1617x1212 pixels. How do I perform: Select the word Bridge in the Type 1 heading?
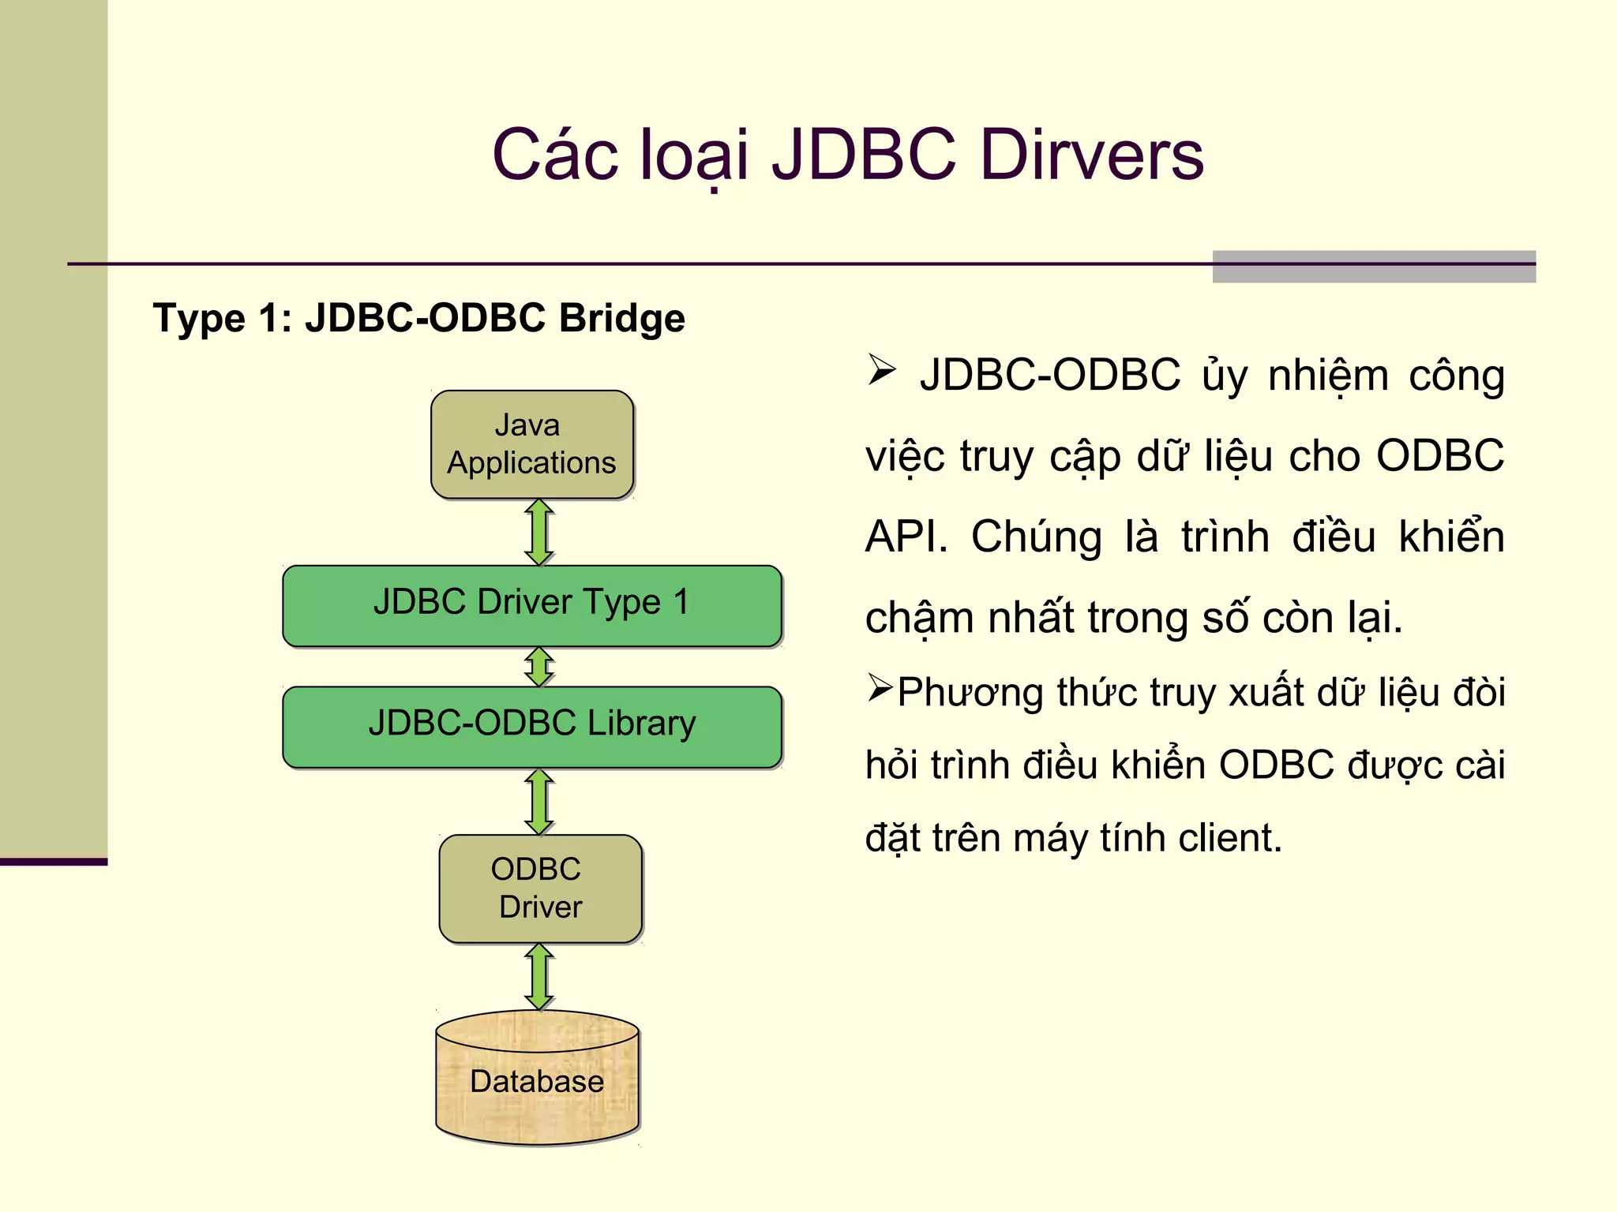(621, 319)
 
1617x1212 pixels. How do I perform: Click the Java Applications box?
(532, 444)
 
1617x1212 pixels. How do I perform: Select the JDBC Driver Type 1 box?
(532, 604)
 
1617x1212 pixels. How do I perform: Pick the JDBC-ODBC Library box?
(532, 726)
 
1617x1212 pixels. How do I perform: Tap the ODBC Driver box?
(540, 888)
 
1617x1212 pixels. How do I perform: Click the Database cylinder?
(537, 1081)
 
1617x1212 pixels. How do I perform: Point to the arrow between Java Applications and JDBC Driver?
(539, 532)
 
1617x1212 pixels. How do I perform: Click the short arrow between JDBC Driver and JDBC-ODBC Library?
(539, 667)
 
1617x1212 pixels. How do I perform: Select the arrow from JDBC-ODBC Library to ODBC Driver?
(539, 802)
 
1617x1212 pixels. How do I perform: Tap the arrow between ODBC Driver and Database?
(539, 977)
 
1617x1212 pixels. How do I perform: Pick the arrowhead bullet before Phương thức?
(880, 687)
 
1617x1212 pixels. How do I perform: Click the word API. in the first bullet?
(906, 538)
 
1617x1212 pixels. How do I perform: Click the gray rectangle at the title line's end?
(1374, 267)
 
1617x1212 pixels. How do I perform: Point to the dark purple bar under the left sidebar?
(54, 862)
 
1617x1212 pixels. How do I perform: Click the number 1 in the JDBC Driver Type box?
(681, 603)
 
